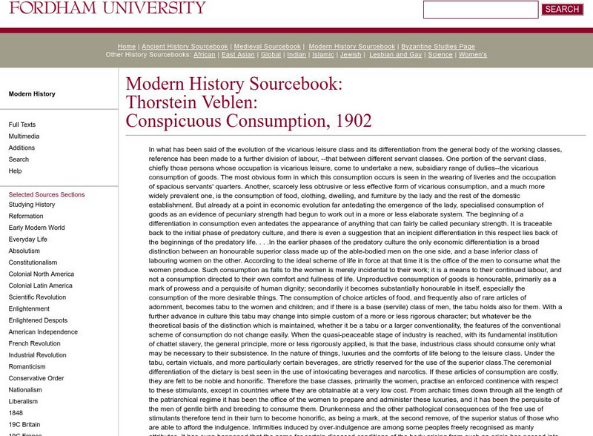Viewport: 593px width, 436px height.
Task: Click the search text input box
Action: pos(480,10)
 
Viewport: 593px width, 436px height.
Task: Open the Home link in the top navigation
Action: pos(126,47)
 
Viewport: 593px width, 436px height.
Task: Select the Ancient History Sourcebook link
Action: pos(185,47)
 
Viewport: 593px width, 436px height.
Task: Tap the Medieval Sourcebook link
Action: pos(268,47)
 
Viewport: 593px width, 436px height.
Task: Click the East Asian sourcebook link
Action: pos(238,55)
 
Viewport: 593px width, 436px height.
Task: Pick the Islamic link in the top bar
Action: pos(322,55)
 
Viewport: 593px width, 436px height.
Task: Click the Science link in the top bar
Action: pos(440,55)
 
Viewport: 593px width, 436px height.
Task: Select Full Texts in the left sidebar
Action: pos(22,125)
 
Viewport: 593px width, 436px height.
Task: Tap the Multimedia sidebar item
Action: pos(24,136)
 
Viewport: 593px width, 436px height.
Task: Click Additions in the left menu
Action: pos(21,148)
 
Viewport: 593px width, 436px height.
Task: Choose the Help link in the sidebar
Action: pos(15,171)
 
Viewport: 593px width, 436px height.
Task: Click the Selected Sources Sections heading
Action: pos(47,194)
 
